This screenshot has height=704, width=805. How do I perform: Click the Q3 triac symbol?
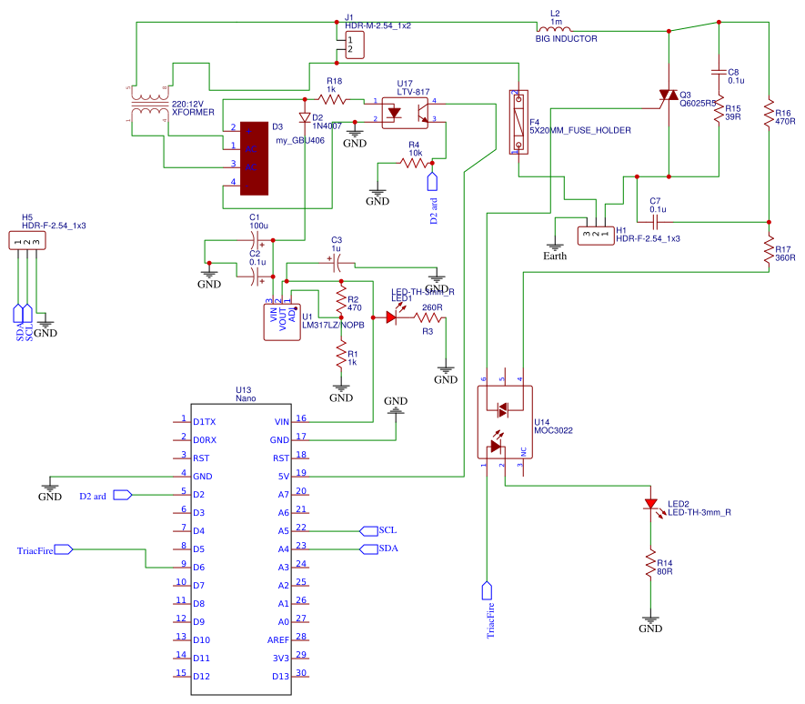(x=669, y=96)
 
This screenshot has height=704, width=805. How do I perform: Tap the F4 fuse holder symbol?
(x=517, y=121)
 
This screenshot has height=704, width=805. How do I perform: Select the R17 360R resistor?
(x=770, y=249)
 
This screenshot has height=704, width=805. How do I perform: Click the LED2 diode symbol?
(x=649, y=505)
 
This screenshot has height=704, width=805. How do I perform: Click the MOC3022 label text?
(x=554, y=430)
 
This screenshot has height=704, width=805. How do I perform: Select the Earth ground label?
(x=554, y=256)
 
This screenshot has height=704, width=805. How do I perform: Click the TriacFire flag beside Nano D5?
(x=45, y=549)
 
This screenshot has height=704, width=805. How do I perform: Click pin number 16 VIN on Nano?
(x=301, y=420)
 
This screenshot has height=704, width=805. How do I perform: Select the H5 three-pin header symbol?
(x=27, y=241)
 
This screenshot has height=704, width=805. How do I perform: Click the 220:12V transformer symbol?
(x=146, y=106)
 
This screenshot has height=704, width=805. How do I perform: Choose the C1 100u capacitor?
(x=256, y=238)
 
